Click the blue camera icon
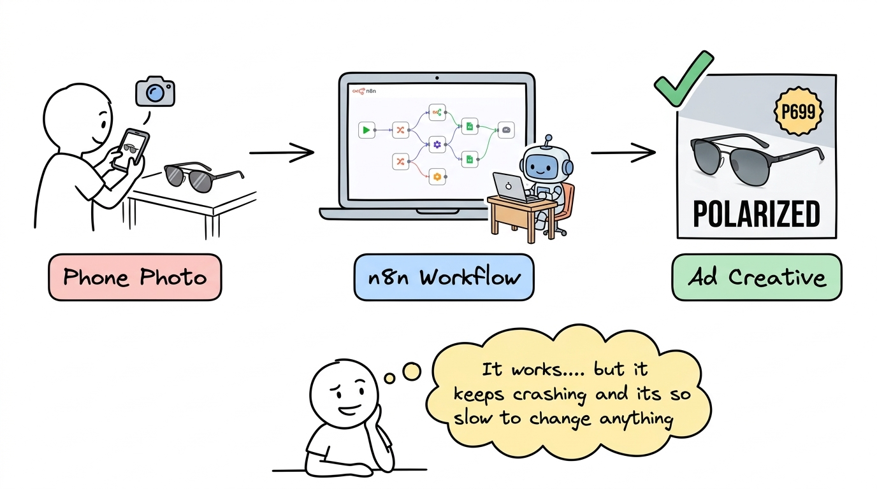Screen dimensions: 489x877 coord(155,93)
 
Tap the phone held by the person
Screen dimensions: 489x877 coord(130,150)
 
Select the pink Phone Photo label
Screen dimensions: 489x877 coord(135,277)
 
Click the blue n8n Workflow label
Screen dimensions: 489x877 coord(444,277)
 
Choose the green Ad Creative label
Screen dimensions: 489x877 coord(757,277)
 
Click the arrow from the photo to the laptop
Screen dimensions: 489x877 coord(282,153)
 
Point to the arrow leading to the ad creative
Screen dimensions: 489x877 coord(623,153)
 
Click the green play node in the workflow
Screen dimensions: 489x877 coord(366,130)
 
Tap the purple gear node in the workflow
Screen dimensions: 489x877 coord(437,145)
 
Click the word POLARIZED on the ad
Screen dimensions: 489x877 coord(756,213)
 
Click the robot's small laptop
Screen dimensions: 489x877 coord(509,188)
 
